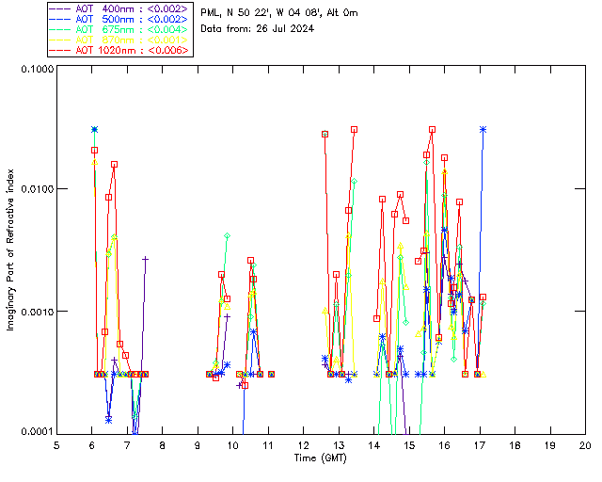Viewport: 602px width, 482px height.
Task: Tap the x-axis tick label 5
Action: (x=56, y=444)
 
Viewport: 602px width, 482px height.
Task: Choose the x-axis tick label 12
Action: (x=303, y=444)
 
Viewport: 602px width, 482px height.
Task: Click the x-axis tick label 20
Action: (x=585, y=444)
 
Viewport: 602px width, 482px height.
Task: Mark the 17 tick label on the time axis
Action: (x=480, y=444)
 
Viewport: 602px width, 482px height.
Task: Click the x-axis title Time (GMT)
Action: (x=320, y=458)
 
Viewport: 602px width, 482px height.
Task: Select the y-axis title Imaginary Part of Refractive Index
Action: (x=11, y=249)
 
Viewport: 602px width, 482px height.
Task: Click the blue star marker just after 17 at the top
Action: (x=483, y=129)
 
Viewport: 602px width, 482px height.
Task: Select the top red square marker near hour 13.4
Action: (x=354, y=129)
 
